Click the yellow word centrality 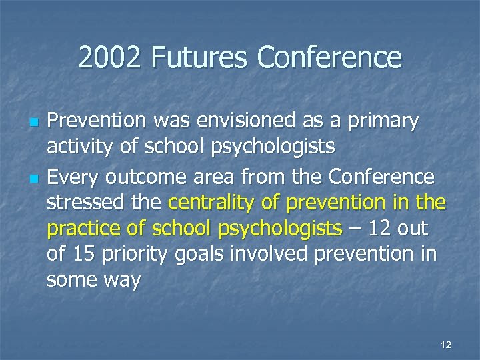pos(208,202)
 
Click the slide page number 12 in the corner pos(446,344)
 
